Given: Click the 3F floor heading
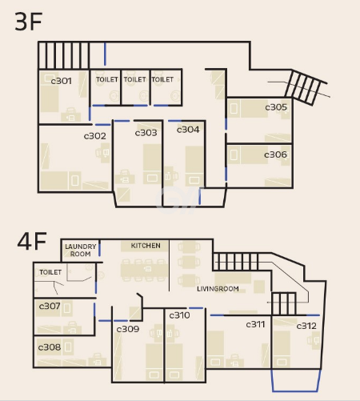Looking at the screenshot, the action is pyautogui.click(x=29, y=22).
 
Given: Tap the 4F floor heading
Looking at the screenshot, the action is pyautogui.click(x=32, y=242).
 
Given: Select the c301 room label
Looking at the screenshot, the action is pyautogui.click(x=61, y=81).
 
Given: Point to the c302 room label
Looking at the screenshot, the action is pyautogui.click(x=95, y=136).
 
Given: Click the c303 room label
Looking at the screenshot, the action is pyautogui.click(x=146, y=133).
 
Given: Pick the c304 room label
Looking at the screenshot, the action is pyautogui.click(x=188, y=130).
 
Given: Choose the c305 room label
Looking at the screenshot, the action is pyautogui.click(x=276, y=107).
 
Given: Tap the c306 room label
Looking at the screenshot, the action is pyautogui.click(x=275, y=154).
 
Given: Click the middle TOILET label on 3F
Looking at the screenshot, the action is pyautogui.click(x=134, y=79).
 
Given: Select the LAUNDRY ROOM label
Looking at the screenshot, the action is pyautogui.click(x=81, y=250).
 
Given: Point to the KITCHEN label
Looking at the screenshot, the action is pyautogui.click(x=146, y=246).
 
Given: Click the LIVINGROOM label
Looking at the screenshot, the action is pyautogui.click(x=218, y=289).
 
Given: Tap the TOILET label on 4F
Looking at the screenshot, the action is pyautogui.click(x=50, y=272).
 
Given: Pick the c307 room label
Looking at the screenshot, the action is pyautogui.click(x=50, y=306).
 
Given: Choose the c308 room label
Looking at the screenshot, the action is pyautogui.click(x=50, y=347).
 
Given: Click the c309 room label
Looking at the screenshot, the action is pyautogui.click(x=128, y=329).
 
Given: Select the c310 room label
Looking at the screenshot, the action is pyautogui.click(x=180, y=315).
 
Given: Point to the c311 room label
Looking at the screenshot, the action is pyautogui.click(x=255, y=324).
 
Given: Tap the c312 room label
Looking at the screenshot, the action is pyautogui.click(x=306, y=326).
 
